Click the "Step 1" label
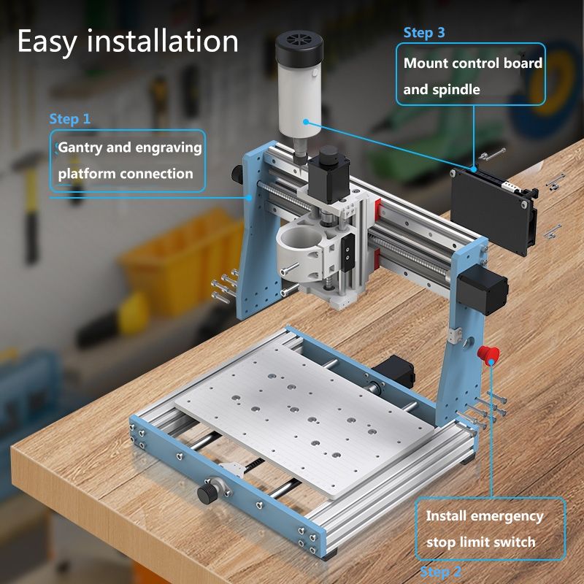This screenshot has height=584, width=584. pyautogui.click(x=70, y=119)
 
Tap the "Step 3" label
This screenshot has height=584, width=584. pyautogui.click(x=424, y=33)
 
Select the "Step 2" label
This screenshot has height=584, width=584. pyautogui.click(x=441, y=572)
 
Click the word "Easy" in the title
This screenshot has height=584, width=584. pyautogui.click(x=47, y=42)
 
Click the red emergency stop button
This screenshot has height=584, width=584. pyautogui.click(x=488, y=355)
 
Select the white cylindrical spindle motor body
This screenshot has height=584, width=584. pyautogui.click(x=299, y=101)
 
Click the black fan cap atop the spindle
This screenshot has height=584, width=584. pyautogui.click(x=299, y=49)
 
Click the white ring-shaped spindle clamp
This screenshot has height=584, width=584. pyautogui.click(x=299, y=245)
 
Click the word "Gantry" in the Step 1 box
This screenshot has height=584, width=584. pyautogui.click(x=80, y=148)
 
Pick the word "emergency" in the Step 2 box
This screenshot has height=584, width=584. pyautogui.click(x=507, y=517)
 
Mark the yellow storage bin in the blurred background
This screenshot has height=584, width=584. pyautogui.click(x=181, y=261)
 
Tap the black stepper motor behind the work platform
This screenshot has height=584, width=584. pyautogui.click(x=394, y=370)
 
